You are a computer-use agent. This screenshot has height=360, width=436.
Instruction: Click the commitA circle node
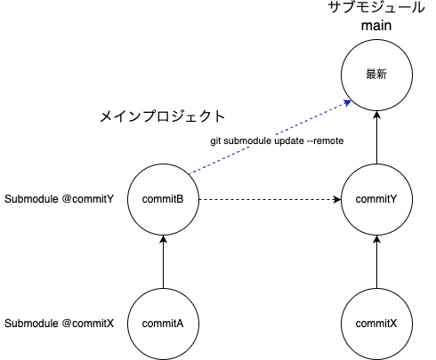tap(163, 323)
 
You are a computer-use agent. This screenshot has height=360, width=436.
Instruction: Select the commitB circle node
tap(163, 199)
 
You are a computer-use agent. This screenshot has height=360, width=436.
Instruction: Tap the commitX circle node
tap(377, 323)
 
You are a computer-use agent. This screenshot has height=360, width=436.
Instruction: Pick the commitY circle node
tap(377, 199)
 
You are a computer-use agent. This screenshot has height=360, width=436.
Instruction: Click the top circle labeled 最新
tap(377, 76)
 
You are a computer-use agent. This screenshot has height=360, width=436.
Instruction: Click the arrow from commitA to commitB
tap(163, 261)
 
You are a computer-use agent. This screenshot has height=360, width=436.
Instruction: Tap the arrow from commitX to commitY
tap(377, 261)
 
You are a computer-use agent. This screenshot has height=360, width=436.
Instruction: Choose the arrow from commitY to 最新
tap(377, 138)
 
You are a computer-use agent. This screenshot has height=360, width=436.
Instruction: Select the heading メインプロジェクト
tap(161, 116)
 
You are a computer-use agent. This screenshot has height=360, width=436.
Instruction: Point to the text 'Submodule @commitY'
tap(60, 199)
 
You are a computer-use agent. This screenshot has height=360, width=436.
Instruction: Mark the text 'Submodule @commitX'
tap(60, 323)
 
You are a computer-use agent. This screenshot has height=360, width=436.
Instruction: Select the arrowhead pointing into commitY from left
tap(338, 199)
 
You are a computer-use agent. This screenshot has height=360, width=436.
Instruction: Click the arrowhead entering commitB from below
tap(163, 239)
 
